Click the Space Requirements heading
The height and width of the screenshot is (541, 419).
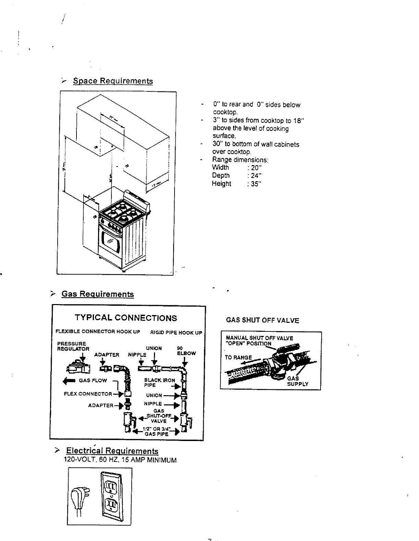tap(113, 81)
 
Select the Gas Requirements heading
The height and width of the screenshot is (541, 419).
tap(97, 294)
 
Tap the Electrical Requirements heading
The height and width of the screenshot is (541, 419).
tap(112, 451)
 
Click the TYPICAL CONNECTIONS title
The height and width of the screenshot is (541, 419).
tap(126, 318)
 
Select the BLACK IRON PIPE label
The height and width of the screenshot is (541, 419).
tap(159, 382)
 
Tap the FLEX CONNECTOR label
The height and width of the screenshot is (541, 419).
tap(88, 394)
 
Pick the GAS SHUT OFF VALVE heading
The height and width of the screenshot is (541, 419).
tap(262, 320)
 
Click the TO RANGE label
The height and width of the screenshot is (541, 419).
tap(238, 358)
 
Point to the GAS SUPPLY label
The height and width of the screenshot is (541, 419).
tap(297, 381)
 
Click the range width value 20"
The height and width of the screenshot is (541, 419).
tap(256, 168)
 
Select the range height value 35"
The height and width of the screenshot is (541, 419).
tap(256, 184)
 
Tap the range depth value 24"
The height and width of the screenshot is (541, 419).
tap(256, 176)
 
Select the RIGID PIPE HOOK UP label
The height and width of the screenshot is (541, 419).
tap(176, 332)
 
